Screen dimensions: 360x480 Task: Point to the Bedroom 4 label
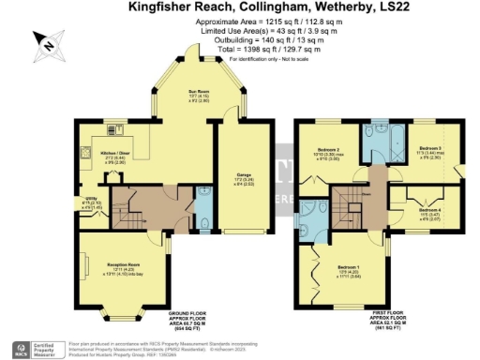tap(429, 211)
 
